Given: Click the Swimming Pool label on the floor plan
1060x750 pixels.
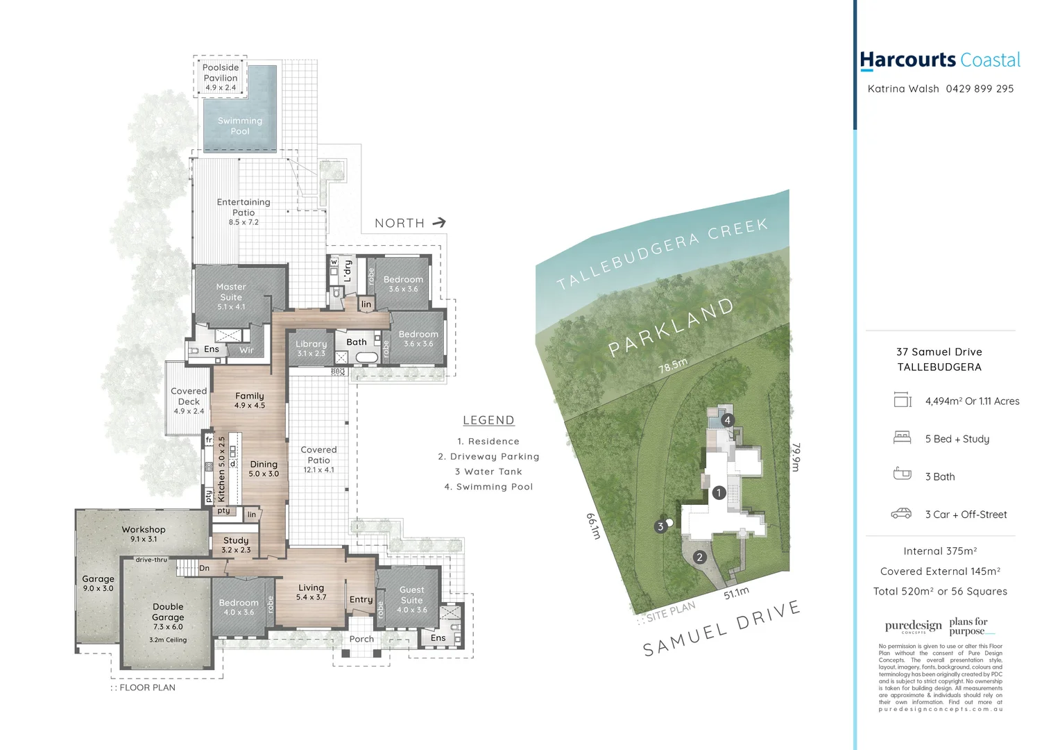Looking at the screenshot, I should tap(240, 126).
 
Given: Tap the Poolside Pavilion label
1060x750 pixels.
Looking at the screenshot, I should tap(221, 77).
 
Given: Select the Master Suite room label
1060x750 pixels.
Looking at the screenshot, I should tap(231, 296).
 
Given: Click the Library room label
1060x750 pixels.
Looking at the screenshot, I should tap(311, 348).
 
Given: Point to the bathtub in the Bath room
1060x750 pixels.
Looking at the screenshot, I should tap(366, 358).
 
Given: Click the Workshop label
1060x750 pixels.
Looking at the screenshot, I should tap(144, 533).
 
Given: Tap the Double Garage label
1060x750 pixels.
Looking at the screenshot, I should tap(168, 616).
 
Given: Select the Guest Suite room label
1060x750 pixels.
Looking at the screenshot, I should tap(411, 599).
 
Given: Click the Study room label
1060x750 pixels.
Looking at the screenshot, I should tap(236, 544).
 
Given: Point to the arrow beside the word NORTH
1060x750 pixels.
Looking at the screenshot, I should tap(438, 223).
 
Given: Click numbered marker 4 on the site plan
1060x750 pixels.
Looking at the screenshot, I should tap(727, 420).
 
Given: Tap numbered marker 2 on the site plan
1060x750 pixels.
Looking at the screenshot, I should tap(699, 557).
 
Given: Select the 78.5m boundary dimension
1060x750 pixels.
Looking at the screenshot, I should tap(673, 365).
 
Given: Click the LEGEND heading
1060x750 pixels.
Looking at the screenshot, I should tap(488, 420).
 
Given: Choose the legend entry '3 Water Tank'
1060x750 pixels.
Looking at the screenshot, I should tap(488, 472).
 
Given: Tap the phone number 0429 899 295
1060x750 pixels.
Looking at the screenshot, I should tap(980, 89).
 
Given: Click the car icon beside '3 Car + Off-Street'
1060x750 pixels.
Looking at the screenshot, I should tap(901, 514).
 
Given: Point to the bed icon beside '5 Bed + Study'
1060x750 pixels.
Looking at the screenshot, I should tap(902, 438).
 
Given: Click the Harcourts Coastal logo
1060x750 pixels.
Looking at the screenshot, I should tap(940, 60).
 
